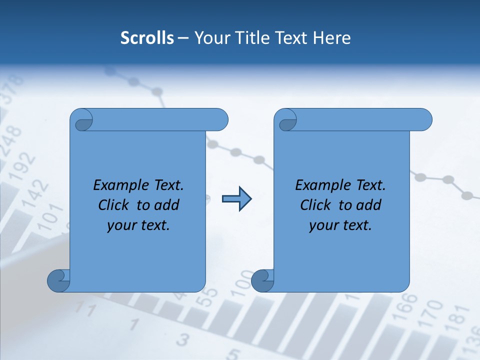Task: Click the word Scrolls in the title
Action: click(147, 38)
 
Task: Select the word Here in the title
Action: click(331, 38)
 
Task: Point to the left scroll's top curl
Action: click(82, 120)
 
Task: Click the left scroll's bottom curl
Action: click(58, 280)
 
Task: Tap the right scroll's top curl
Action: click(287, 120)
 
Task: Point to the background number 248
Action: click(11, 140)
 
